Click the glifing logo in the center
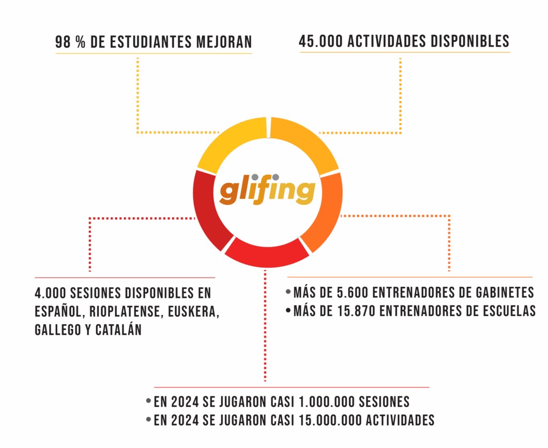267,191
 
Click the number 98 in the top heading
63,42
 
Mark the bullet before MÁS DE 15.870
288,310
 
